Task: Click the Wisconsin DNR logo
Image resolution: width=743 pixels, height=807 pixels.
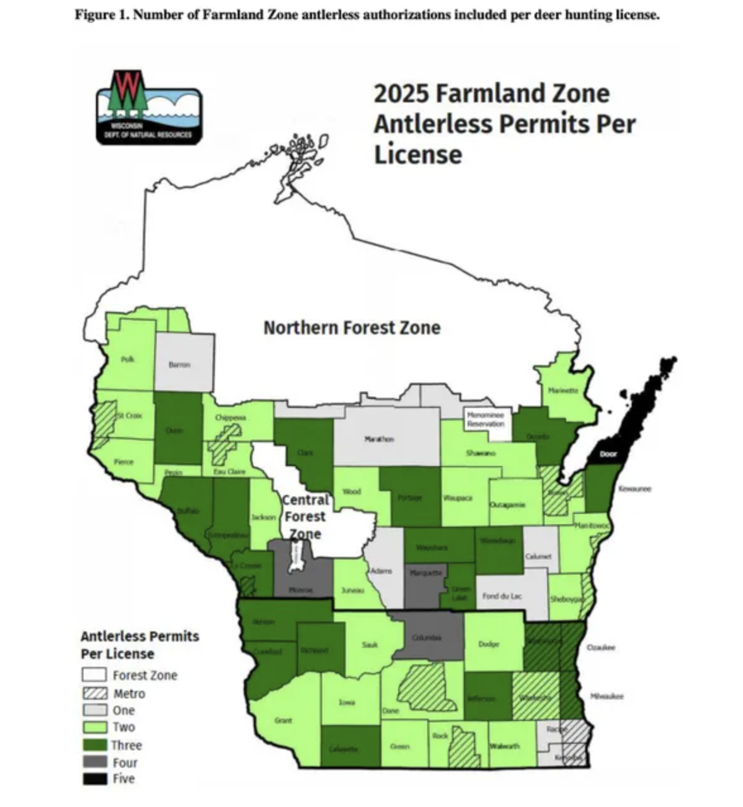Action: (149, 107)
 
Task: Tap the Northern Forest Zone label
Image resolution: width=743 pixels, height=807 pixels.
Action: (352, 328)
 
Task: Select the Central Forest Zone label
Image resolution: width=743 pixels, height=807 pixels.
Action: (305, 517)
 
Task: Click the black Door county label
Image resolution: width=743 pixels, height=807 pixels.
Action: (608, 454)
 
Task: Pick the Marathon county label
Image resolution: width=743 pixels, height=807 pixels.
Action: (379, 438)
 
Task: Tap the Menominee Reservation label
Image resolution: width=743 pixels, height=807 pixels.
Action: (485, 419)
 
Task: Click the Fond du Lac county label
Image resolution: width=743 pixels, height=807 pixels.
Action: (502, 595)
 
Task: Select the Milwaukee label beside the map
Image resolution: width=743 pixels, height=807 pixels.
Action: (607, 696)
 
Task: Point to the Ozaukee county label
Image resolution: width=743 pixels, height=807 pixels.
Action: (601, 647)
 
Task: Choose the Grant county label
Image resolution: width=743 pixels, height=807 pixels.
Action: (283, 720)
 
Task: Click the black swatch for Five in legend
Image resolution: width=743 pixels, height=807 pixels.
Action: (94, 779)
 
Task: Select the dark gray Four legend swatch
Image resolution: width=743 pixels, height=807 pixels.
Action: (94, 762)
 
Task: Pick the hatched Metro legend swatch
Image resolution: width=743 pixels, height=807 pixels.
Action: (94, 693)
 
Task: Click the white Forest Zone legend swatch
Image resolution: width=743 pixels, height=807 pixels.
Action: (94, 675)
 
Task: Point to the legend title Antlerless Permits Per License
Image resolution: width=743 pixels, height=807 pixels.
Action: (140, 645)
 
